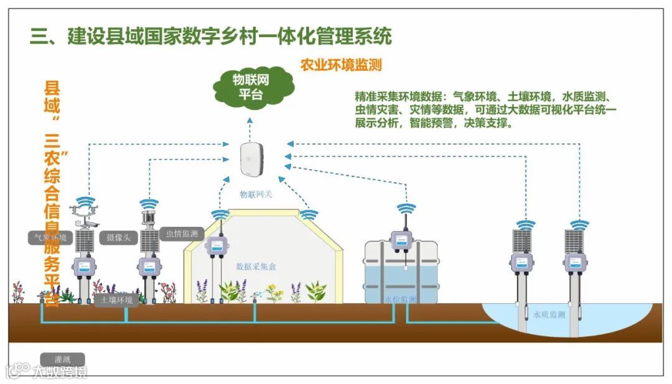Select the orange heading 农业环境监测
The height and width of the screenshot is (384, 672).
tap(341, 65)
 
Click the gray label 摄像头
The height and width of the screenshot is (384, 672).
tap(118, 237)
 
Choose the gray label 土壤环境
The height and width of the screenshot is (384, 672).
tap(117, 300)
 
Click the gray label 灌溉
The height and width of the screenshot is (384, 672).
tap(62, 360)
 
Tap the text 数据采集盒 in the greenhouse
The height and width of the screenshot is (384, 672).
tap(256, 267)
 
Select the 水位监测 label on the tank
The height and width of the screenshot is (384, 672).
tap(399, 299)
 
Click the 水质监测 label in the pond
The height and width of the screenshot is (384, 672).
tap(549, 314)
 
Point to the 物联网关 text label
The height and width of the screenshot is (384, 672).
tap(256, 194)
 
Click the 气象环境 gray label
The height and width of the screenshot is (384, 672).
tap(51, 238)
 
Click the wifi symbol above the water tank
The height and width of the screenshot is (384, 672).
tap(406, 210)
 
